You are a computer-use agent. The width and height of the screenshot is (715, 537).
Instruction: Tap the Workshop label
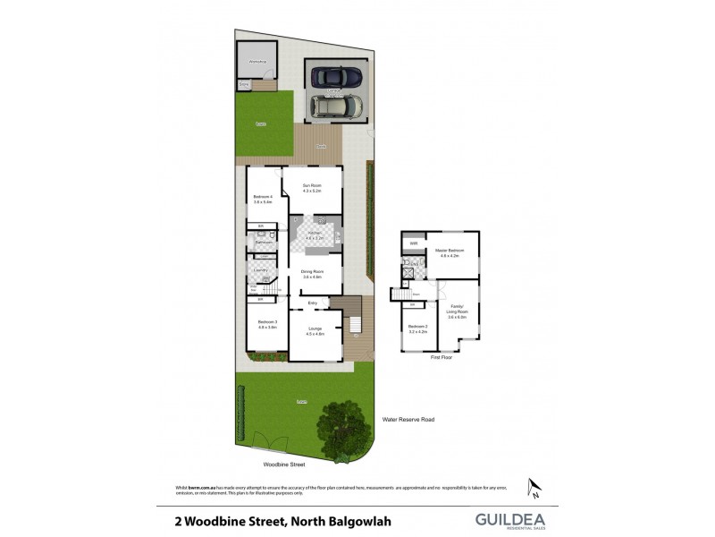[x=257, y=61]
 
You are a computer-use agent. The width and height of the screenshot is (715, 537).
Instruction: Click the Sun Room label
[x=310, y=187]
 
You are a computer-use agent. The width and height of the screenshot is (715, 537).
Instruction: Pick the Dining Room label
[x=312, y=273]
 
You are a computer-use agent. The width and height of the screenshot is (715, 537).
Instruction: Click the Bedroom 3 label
[x=267, y=323]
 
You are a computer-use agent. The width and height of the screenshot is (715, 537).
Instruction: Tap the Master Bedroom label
[x=449, y=252]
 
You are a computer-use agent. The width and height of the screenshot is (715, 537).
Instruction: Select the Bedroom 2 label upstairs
[x=418, y=328]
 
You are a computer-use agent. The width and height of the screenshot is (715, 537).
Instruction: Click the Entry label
[x=313, y=303]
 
